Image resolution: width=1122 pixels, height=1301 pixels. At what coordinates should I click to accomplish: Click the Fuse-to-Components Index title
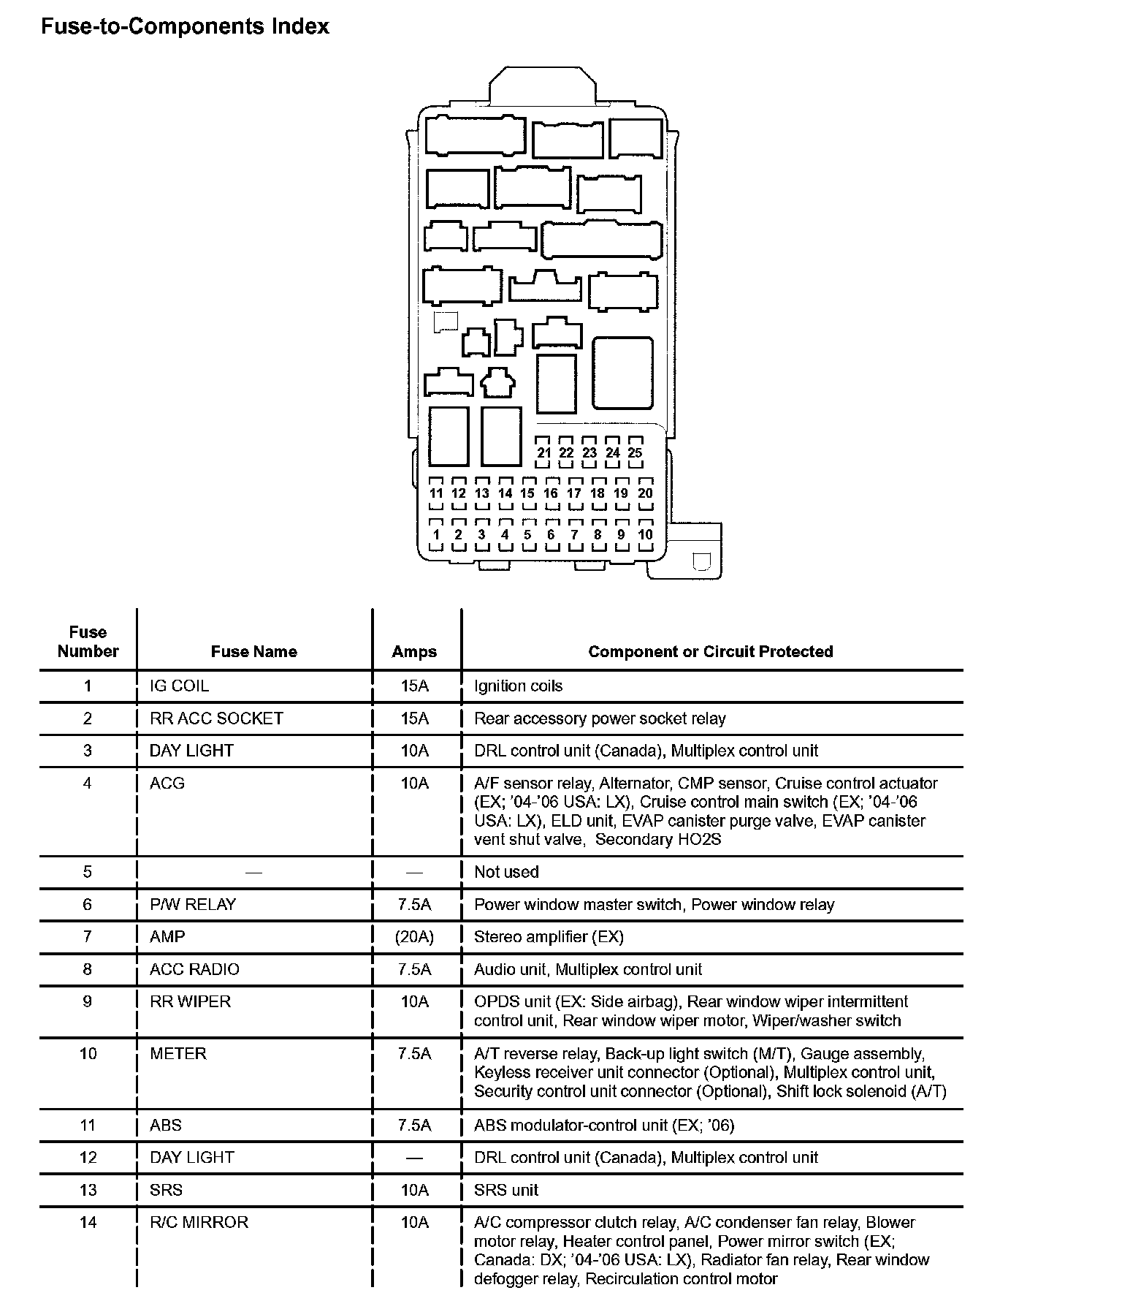185,27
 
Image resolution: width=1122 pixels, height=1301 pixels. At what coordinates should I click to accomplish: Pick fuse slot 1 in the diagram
436,534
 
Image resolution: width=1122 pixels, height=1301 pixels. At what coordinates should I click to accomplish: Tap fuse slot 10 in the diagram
645,534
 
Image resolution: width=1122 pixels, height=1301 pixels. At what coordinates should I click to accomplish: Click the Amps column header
414,651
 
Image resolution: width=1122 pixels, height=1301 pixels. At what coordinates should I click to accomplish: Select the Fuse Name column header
253,651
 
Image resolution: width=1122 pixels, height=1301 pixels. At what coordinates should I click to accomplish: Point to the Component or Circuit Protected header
710,651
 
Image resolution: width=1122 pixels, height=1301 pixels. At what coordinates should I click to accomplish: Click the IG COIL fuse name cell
179,686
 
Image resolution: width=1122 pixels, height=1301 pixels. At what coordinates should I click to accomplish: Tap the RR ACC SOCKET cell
216,718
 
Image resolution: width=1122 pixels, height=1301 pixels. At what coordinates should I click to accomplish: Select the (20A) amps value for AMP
414,936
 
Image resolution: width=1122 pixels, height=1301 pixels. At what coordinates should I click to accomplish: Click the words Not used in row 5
506,871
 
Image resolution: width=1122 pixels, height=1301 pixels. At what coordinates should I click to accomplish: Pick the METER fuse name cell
178,1053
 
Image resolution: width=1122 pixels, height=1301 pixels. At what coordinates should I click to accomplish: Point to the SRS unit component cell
506,1189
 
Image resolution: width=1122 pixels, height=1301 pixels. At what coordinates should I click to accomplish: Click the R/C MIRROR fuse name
199,1221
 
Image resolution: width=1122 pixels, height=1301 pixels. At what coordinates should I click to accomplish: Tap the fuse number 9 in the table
88,1001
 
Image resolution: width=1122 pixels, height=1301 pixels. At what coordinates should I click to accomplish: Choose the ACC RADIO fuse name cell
194,969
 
